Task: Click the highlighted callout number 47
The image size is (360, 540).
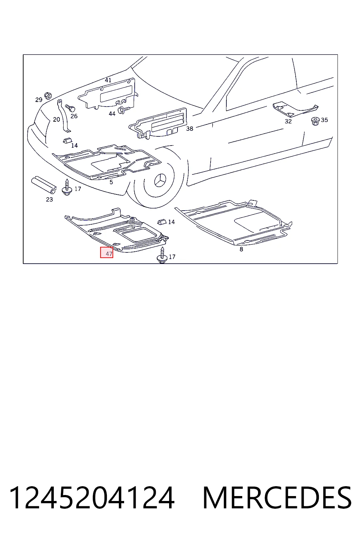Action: (109, 254)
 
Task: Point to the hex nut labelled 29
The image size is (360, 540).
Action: (48, 96)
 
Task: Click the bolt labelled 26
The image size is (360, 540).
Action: (70, 108)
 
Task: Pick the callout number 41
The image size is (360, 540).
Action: (108, 80)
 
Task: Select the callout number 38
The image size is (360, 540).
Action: (189, 128)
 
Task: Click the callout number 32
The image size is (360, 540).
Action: (288, 121)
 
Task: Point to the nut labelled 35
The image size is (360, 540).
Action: (315, 121)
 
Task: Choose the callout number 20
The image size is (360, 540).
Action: (56, 119)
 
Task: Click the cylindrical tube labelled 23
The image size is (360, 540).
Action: (44, 185)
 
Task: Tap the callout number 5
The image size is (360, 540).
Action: (111, 182)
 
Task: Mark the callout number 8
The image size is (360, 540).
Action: (242, 249)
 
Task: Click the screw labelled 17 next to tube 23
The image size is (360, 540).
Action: (67, 187)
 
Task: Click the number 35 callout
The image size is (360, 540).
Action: (324, 120)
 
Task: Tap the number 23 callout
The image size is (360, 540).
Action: (50, 199)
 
